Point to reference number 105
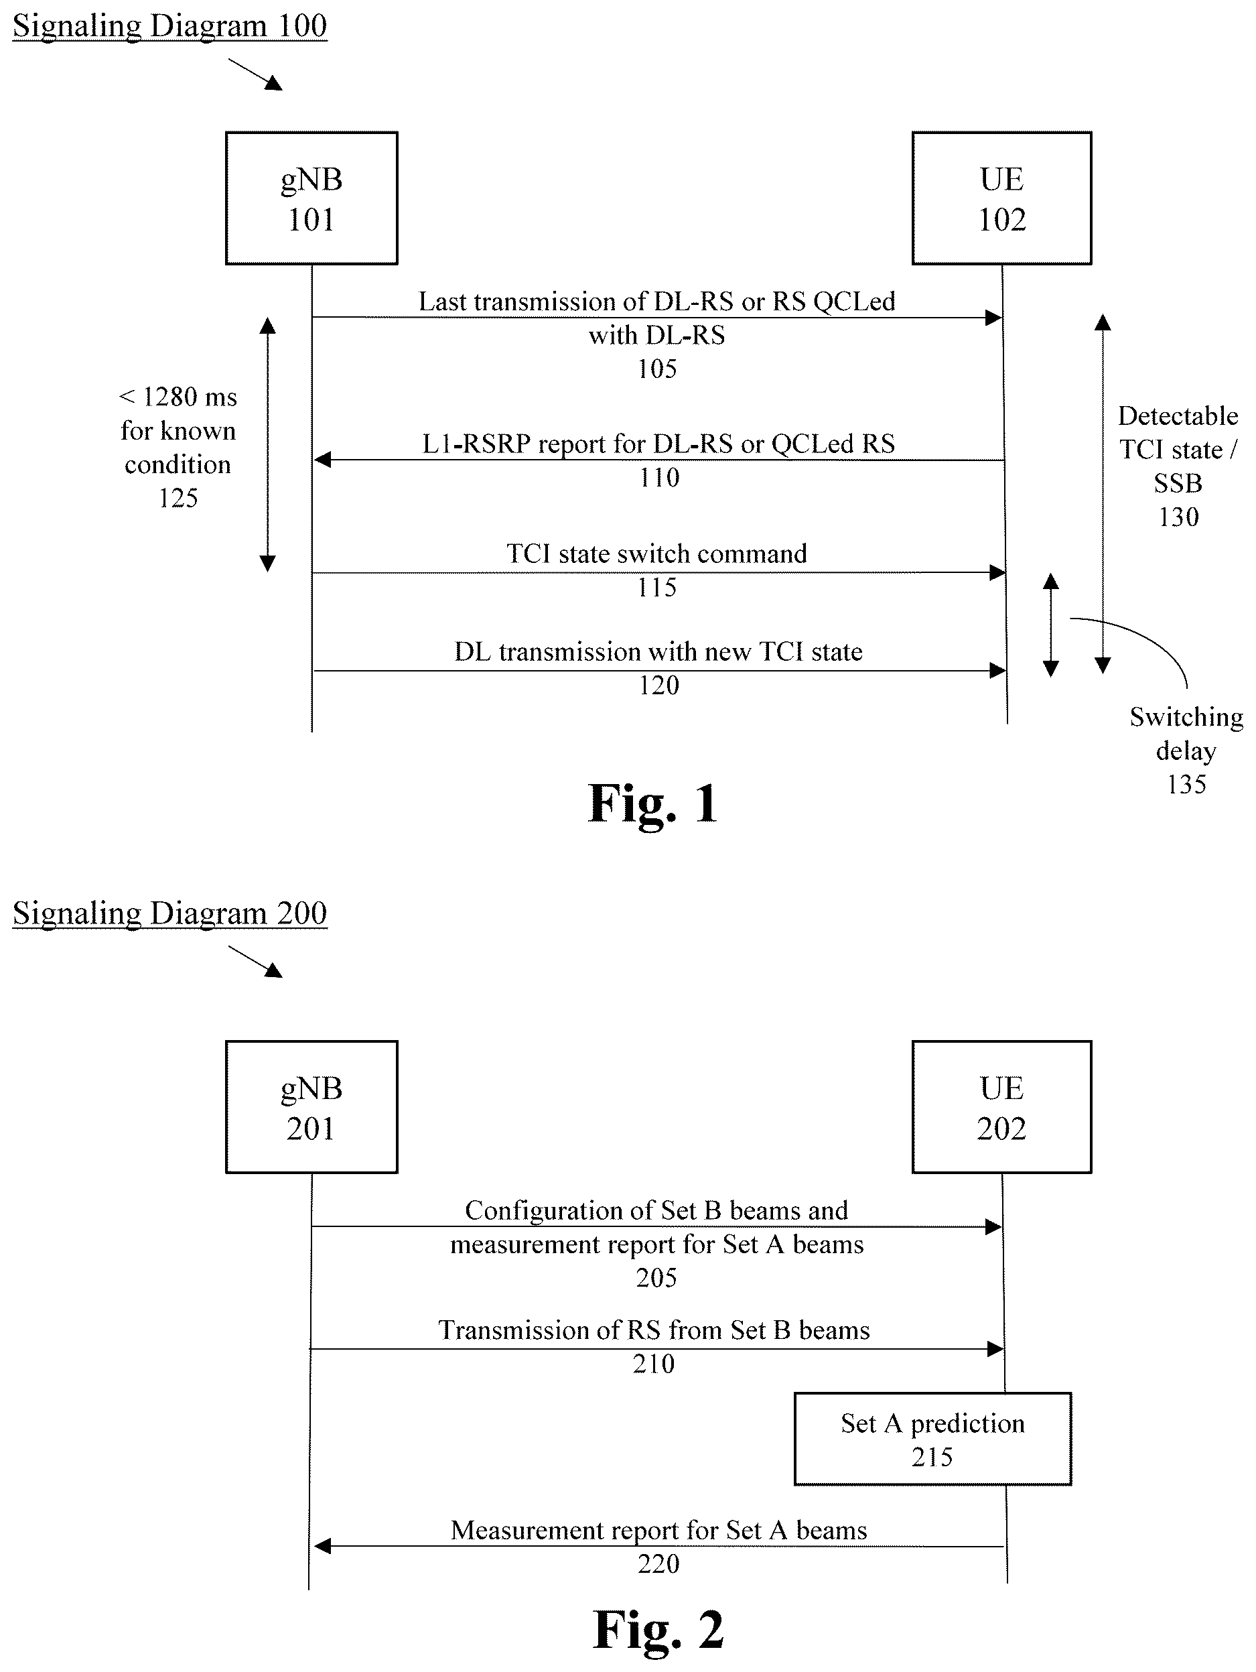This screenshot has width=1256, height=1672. [656, 369]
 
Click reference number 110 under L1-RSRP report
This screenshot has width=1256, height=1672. [659, 478]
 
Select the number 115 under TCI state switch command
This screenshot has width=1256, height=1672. [656, 587]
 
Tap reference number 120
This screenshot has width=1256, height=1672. [659, 686]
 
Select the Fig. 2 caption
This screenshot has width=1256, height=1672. [658, 1630]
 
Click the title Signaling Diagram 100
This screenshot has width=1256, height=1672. [170, 26]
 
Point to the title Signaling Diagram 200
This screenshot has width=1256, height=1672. [170, 914]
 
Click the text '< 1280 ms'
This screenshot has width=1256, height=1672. [178, 397]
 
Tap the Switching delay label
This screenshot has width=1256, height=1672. [1186, 733]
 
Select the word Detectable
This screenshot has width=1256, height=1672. [1178, 415]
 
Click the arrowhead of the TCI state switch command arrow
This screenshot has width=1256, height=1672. [997, 573]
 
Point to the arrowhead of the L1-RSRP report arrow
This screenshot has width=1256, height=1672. [323, 460]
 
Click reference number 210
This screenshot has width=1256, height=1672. [654, 1364]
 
